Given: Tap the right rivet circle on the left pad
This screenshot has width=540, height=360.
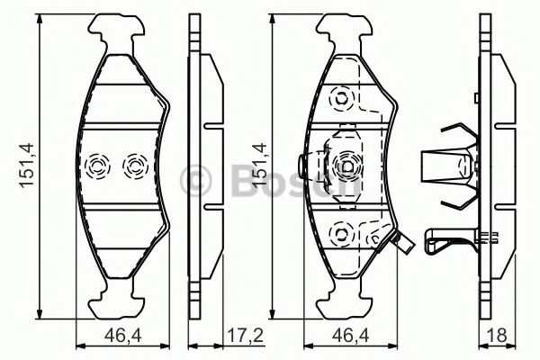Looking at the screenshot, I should point(134,166).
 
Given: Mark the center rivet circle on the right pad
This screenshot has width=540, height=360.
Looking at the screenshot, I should point(346,165).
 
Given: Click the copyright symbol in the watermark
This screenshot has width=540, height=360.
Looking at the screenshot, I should point(197,179).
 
